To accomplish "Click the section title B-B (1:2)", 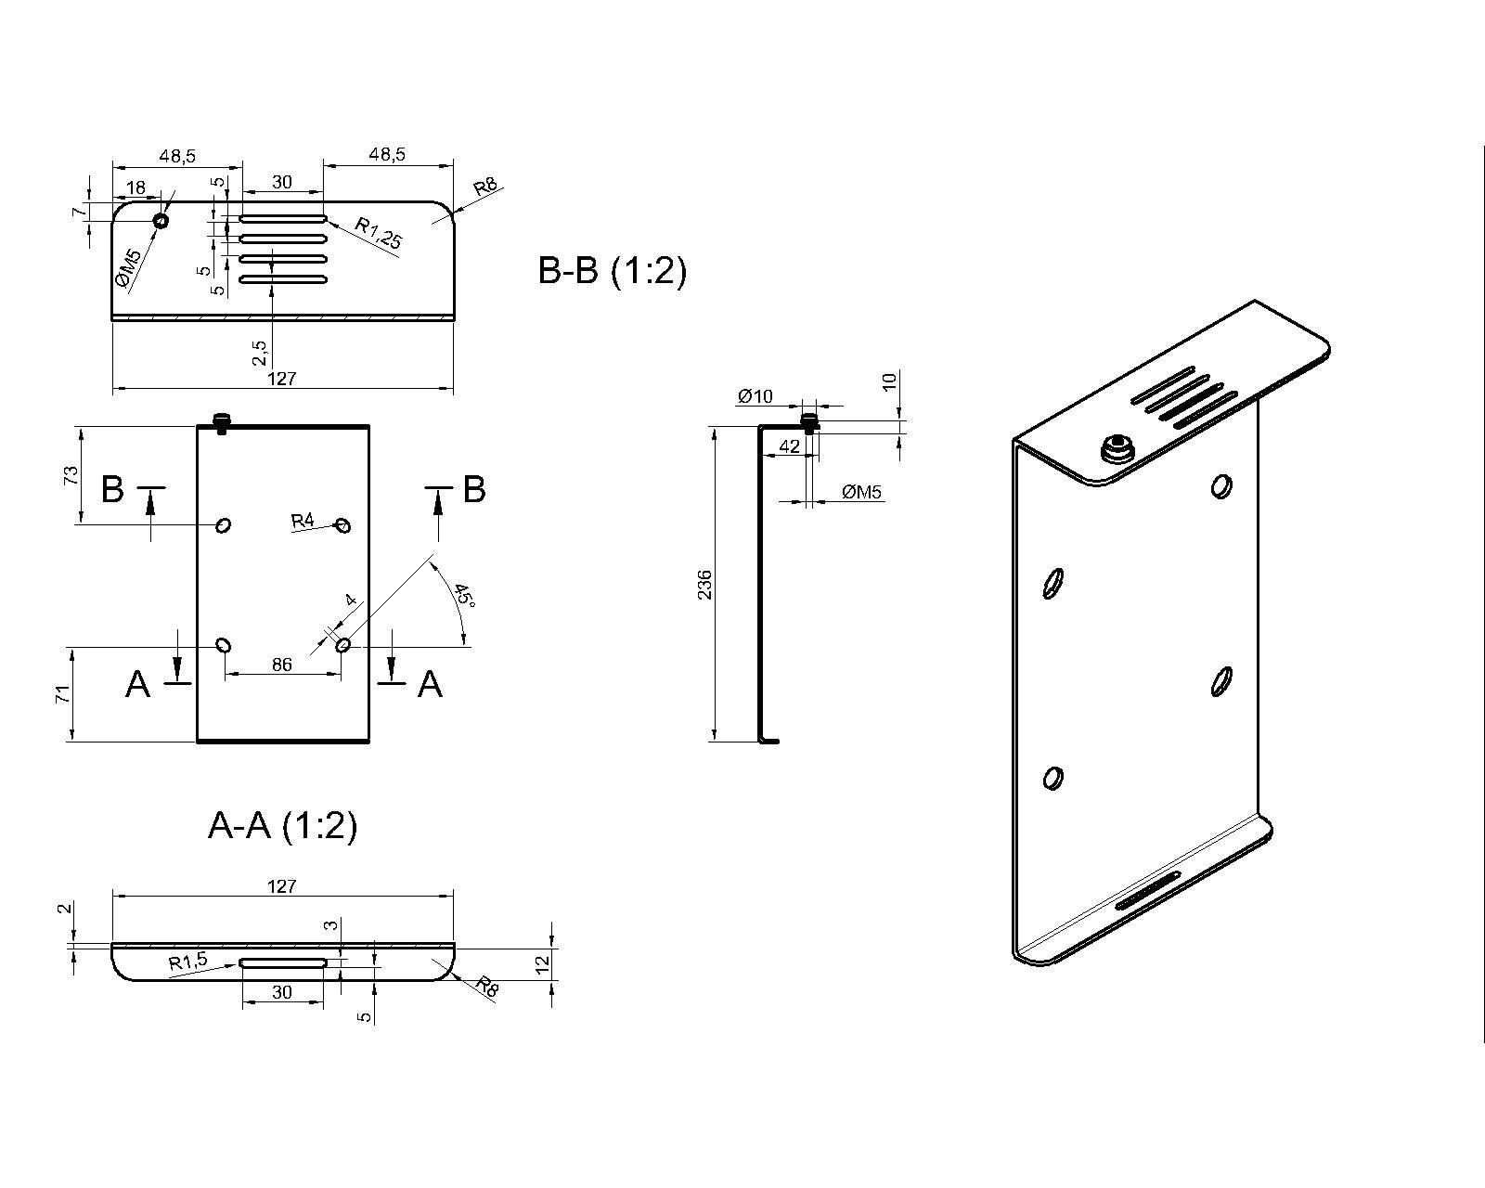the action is [x=612, y=271].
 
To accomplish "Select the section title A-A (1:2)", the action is [x=283, y=825].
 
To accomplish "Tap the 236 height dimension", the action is [x=704, y=584].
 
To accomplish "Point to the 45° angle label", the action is [x=464, y=596].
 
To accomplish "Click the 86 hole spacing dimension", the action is [x=281, y=664].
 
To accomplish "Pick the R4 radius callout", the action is [x=303, y=521].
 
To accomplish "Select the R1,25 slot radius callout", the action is [x=378, y=233].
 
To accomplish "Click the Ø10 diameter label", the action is [x=755, y=396].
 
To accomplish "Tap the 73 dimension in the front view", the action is [x=71, y=475].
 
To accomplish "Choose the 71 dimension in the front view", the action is [x=62, y=693].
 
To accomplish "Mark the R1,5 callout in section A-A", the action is [x=188, y=961].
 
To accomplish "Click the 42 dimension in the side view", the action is [x=789, y=446].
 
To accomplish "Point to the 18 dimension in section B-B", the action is [x=136, y=187].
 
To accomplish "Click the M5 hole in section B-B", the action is [x=161, y=221].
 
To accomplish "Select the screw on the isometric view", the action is [x=1117, y=448].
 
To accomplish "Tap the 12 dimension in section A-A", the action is [x=544, y=963].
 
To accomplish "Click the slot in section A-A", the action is [x=283, y=962].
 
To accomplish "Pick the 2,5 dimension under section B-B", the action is [x=260, y=352].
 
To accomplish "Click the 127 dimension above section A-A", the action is [x=281, y=885].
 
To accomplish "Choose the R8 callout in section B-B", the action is [x=485, y=187].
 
